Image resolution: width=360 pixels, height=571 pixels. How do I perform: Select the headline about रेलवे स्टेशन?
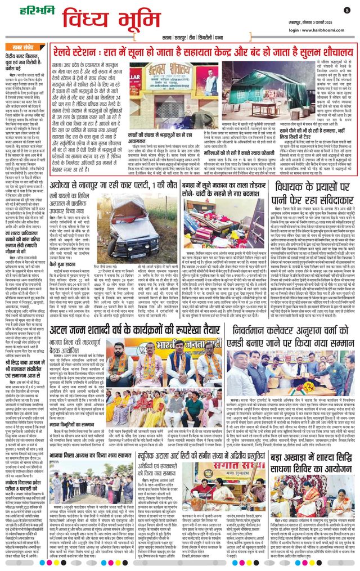coord(209,51)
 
